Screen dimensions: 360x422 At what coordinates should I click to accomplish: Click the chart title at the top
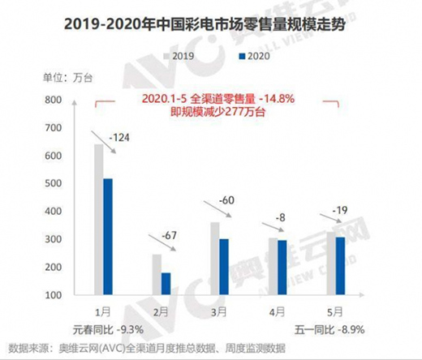click(x=211, y=24)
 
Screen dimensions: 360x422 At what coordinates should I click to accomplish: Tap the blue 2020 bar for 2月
click(x=166, y=284)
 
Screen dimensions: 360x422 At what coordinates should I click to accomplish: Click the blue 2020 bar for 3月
click(x=223, y=267)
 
